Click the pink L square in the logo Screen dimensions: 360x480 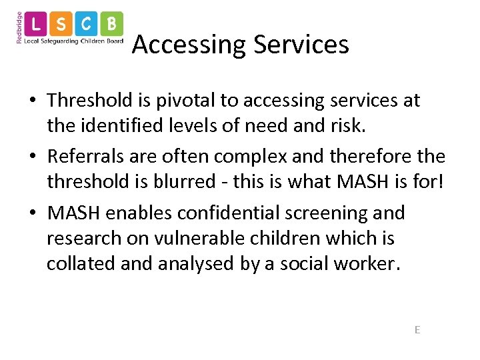pos(37,24)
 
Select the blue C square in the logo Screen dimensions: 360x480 pos(87,24)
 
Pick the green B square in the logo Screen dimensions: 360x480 pos(111,24)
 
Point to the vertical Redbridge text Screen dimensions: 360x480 pos(19,27)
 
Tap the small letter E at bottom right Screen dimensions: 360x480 pos(417,329)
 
